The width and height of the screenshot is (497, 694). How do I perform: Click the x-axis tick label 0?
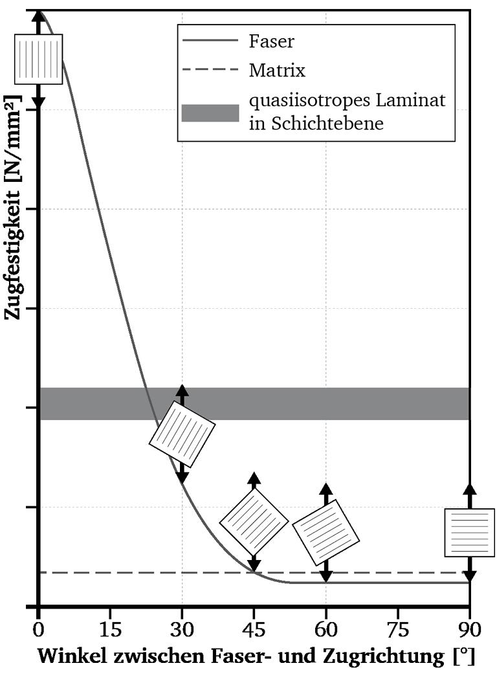click(x=38, y=629)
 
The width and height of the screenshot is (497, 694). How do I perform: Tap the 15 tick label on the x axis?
click(x=110, y=629)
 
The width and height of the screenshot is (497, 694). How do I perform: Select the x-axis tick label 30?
click(x=182, y=629)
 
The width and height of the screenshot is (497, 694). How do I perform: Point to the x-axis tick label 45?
click(x=254, y=629)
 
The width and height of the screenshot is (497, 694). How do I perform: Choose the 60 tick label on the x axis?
click(x=326, y=629)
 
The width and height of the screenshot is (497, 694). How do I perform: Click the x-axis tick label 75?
click(x=397, y=629)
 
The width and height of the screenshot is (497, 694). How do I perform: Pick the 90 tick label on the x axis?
click(x=469, y=629)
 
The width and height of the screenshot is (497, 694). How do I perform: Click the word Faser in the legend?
click(x=271, y=41)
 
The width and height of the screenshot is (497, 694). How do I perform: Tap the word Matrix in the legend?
click(x=277, y=71)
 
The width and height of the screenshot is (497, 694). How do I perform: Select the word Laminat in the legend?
click(x=410, y=100)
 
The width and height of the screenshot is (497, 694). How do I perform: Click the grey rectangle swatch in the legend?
click(x=210, y=113)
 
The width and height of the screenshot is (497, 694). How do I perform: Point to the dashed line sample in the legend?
click(x=210, y=69)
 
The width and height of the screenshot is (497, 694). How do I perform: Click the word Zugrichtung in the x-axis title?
click(x=383, y=656)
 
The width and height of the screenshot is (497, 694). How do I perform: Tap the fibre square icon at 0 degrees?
click(x=38, y=59)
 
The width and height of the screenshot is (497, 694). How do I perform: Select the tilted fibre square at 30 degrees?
click(x=182, y=434)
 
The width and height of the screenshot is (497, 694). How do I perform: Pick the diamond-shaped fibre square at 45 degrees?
click(x=254, y=521)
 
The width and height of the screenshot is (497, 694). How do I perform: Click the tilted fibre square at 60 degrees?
click(x=326, y=532)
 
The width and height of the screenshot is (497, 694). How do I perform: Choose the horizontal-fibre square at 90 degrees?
click(x=470, y=532)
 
